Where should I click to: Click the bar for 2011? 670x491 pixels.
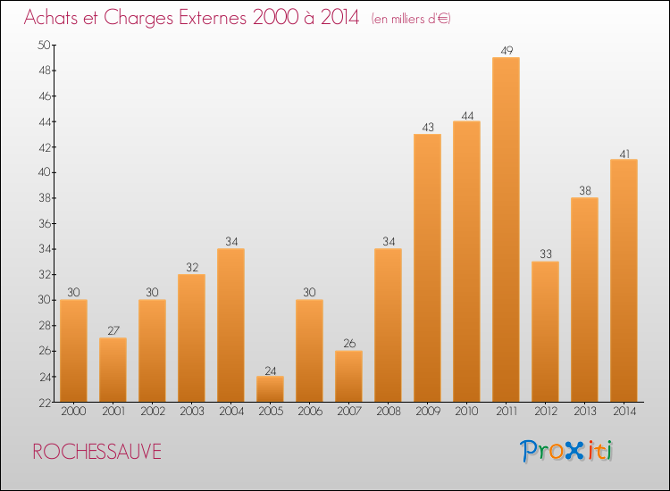[506, 229]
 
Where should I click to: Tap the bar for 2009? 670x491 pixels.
[427, 268]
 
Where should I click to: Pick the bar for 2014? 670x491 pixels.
[624, 280]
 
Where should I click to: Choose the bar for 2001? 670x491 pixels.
[113, 370]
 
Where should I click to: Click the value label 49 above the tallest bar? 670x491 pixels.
[506, 50]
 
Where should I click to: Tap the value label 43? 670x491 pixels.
[427, 127]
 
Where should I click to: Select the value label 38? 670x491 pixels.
[584, 190]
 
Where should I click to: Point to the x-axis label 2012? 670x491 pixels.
[545, 412]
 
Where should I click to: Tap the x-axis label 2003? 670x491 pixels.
[191, 412]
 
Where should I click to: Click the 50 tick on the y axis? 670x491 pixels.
[44, 45]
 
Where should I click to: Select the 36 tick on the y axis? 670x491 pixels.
[44, 223]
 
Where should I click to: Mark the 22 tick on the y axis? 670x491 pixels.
[44, 402]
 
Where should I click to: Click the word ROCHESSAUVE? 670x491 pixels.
[96, 452]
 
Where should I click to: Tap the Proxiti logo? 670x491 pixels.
[567, 451]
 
